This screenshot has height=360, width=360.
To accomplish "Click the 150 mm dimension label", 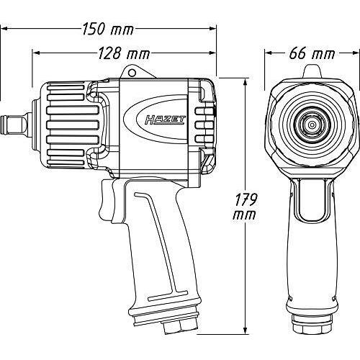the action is (x=108, y=29).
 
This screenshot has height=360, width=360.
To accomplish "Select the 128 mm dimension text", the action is (x=124, y=53).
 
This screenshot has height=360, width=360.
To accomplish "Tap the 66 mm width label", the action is (x=312, y=53).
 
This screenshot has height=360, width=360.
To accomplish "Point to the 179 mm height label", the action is (x=245, y=207).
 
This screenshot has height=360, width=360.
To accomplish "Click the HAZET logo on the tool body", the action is (x=165, y=120).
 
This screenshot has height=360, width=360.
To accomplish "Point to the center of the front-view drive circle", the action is (x=312, y=125).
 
